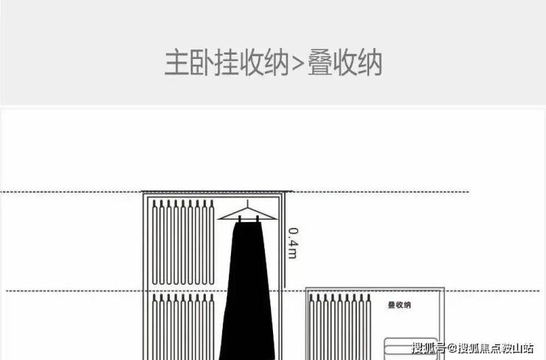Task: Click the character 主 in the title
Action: point(176,63)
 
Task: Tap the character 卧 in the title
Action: point(201,63)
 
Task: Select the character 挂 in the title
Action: point(226,63)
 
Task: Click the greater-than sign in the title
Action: point(298,63)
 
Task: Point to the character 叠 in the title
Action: point(319,63)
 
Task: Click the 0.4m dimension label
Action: point(293,243)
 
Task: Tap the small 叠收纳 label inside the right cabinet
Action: point(399,305)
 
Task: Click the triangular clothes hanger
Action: point(248,214)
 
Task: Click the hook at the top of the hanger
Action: point(248,204)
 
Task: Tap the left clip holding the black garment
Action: point(240,219)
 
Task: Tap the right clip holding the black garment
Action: point(258,219)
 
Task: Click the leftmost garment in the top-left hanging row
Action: point(155,242)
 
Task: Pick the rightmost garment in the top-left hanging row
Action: point(211,242)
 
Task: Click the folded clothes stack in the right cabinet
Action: point(411,348)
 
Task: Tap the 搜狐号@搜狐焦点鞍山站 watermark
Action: point(473,347)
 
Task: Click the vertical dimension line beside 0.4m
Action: point(284,240)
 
